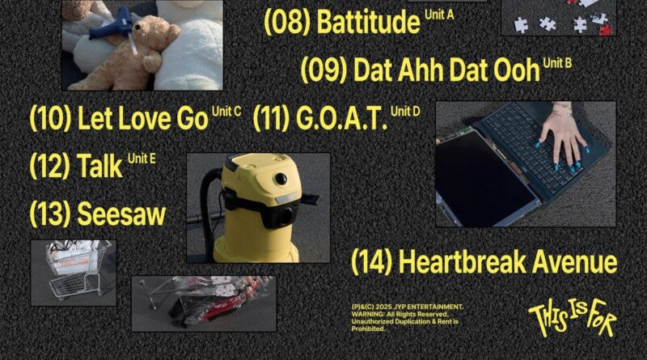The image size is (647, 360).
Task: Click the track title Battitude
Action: (368, 22)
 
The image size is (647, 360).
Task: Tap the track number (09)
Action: (324, 70)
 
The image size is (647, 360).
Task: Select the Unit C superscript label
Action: (226, 112)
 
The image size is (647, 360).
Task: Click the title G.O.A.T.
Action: (341, 118)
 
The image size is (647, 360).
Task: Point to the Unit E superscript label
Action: (142, 159)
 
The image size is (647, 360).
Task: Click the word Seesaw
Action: (121, 214)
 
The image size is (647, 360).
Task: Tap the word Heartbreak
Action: (463, 262)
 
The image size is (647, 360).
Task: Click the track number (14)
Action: (372, 262)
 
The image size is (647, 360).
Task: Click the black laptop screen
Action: (481, 178)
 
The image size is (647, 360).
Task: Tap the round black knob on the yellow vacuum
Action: (281, 179)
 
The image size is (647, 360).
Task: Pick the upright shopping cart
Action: (75, 269)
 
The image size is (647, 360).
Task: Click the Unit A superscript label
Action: (439, 15)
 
